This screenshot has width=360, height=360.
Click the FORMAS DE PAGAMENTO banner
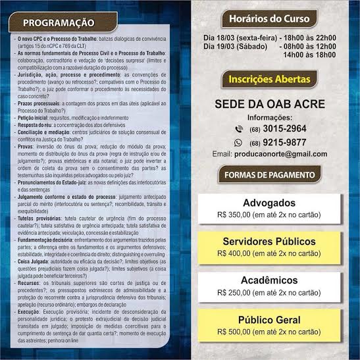[x=270, y=175]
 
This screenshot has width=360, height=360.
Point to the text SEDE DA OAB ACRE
[x=270, y=105]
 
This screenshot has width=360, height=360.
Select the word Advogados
[x=269, y=203]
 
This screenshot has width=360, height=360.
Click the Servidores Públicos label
[x=269, y=241]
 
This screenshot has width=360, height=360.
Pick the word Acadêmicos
[x=269, y=280]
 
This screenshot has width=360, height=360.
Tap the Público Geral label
[x=269, y=321]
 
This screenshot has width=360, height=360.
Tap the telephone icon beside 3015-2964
[x=238, y=129]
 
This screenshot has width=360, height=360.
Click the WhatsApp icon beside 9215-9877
[x=238, y=141]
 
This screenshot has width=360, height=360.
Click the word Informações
[x=269, y=117]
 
